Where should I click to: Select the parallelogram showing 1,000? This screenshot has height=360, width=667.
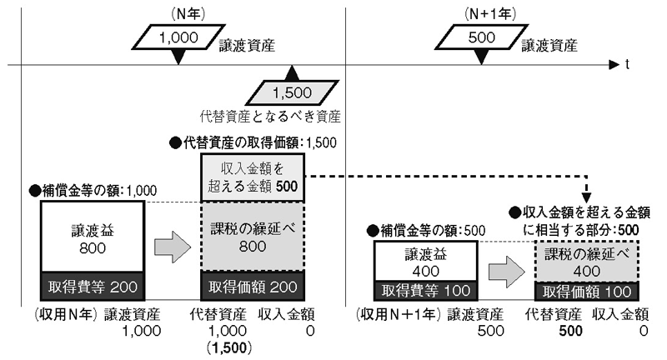pos(175,37)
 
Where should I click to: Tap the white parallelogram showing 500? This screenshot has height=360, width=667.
pos(479,37)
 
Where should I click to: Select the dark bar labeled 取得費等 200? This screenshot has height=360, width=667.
pos(93,288)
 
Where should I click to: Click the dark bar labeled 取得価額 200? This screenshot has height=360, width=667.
pos(251,288)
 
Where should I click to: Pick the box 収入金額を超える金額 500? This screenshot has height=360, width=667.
pos(251,178)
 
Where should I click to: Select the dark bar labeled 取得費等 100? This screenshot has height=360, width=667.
pos(428,292)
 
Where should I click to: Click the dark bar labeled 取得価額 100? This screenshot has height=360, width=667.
pos(584,292)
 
